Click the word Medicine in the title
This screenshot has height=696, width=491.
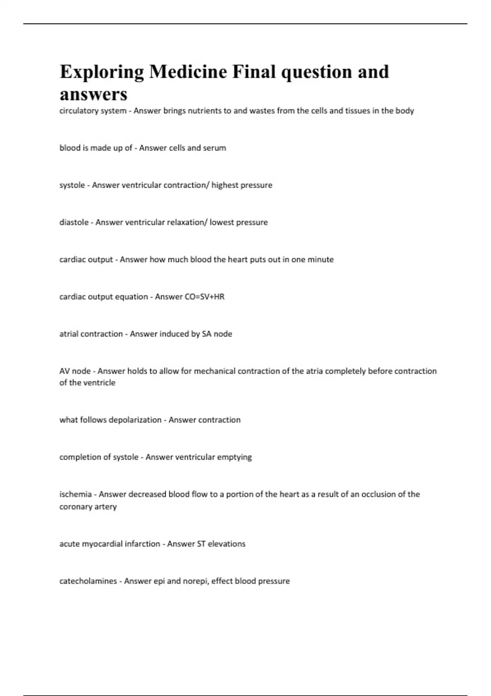click(188, 72)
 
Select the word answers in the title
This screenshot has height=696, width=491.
click(93, 95)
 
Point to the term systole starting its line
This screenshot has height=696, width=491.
click(72, 185)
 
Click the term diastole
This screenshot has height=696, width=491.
click(74, 222)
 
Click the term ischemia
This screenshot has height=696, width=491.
click(75, 494)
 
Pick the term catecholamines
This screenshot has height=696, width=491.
click(88, 581)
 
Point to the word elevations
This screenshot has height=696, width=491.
click(226, 544)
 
